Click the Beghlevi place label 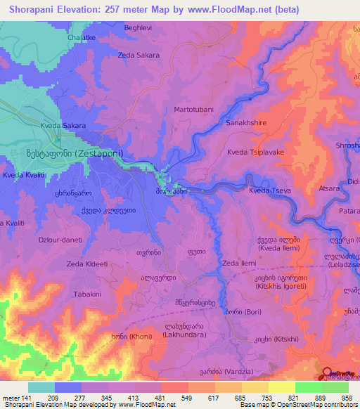click(x=137, y=27)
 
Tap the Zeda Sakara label click(x=139, y=54)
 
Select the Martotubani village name click(x=194, y=110)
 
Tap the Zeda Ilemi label click(x=239, y=263)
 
